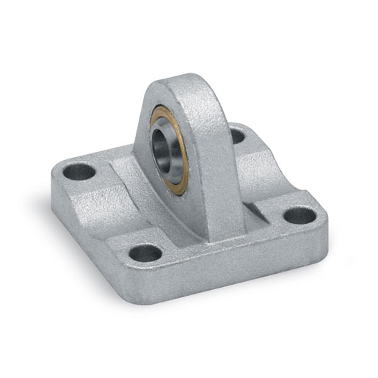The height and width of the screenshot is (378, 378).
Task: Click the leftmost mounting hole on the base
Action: point(80,174)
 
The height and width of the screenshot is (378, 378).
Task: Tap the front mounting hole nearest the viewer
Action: point(145,253)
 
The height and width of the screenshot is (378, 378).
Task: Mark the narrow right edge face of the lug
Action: point(220,161)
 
